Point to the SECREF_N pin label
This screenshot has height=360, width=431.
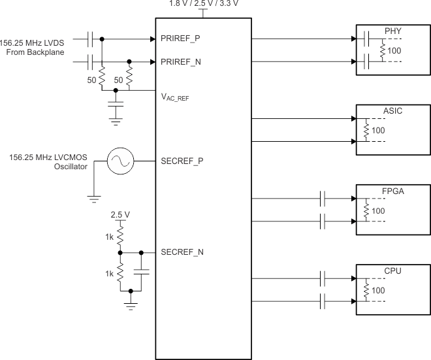point(180,252)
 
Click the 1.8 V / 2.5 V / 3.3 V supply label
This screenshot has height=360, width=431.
point(202,4)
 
